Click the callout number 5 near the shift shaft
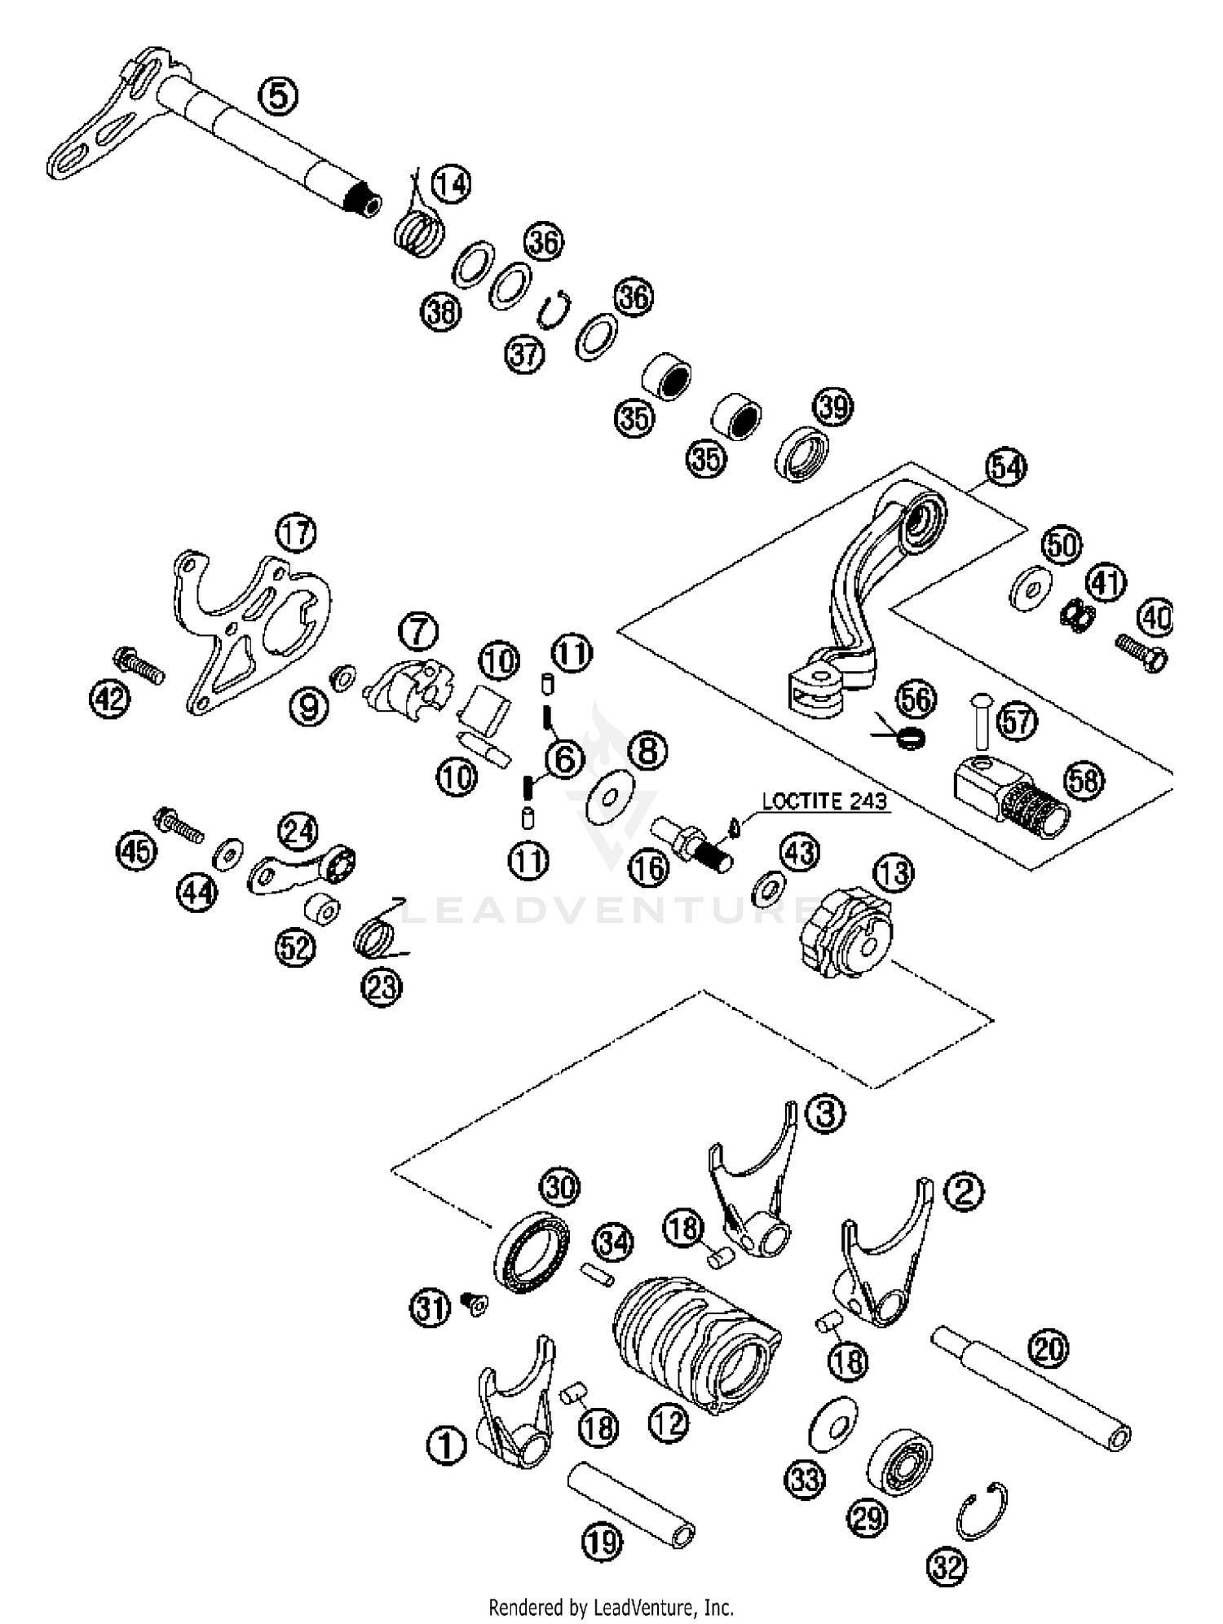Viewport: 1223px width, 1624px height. [278, 96]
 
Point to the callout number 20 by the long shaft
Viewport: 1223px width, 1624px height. [1048, 1349]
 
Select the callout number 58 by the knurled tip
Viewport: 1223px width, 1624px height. [1084, 780]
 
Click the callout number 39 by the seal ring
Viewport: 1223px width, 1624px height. [833, 406]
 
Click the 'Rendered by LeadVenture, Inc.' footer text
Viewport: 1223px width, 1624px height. [611, 1607]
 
